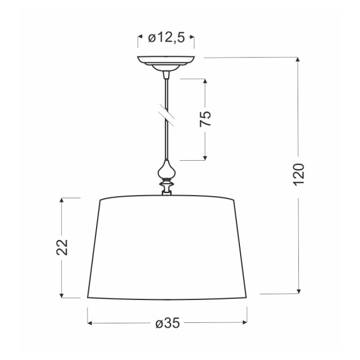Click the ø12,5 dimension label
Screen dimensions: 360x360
[x=166, y=38]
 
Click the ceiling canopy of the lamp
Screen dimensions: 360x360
[x=166, y=62]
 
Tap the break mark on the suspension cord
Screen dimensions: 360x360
[x=166, y=114]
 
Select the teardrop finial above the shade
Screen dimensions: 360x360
[x=166, y=170]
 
